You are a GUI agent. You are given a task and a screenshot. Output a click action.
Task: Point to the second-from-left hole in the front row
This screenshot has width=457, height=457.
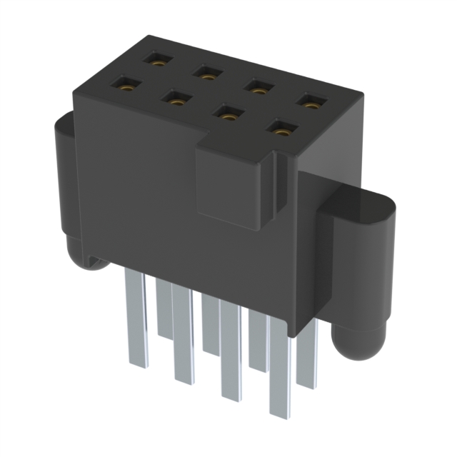coord(174,96)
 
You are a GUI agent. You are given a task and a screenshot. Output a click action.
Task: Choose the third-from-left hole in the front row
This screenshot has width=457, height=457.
coord(226,112)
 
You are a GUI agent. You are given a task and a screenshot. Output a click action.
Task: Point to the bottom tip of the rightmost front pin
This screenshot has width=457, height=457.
coord(280,411)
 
